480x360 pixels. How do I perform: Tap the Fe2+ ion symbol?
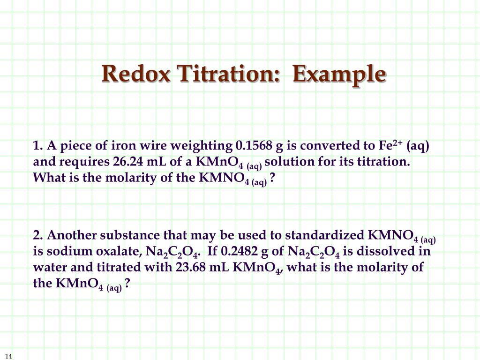pos(391,146)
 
